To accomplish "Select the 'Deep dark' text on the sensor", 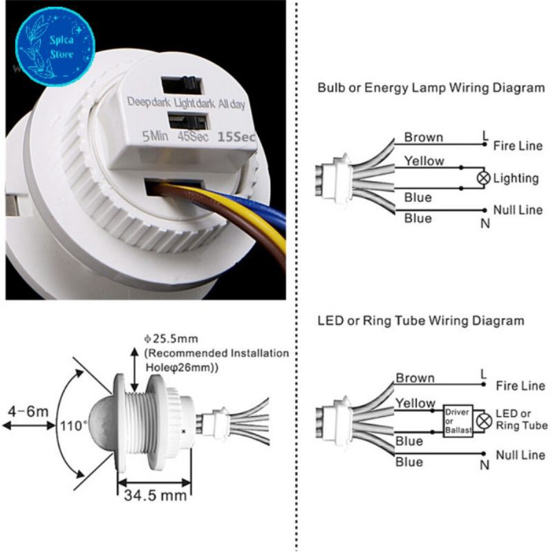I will click(x=147, y=103).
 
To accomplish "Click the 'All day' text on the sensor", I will click(x=232, y=104).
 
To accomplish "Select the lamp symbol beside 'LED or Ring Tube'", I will click(x=485, y=420).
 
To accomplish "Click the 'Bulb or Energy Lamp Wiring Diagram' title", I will click(x=431, y=88).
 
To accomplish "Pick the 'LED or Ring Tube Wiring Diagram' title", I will click(x=420, y=321).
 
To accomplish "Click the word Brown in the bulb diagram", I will click(x=424, y=137).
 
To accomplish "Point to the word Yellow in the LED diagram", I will click(x=415, y=403).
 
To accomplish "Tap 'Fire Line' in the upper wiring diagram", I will click(x=518, y=146).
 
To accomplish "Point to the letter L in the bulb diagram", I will click(x=484, y=135).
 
